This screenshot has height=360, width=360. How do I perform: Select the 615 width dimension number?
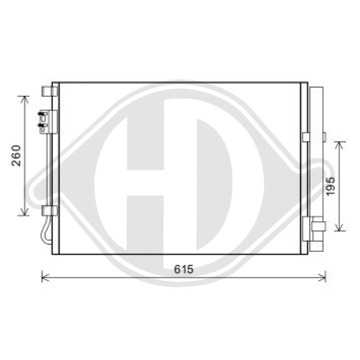pos(183,269)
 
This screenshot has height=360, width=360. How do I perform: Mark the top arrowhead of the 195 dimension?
pos(339,144)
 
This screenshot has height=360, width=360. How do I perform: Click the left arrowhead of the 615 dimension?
pos(45,276)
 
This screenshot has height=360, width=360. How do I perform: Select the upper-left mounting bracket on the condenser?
pos(47,91)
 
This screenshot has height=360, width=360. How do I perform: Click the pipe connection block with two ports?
pos(45,120)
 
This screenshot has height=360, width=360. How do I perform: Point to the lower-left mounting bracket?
pos(47,211)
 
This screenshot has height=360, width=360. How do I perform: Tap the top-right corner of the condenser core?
pos(301,83)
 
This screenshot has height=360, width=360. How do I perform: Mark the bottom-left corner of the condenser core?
pos(59,254)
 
